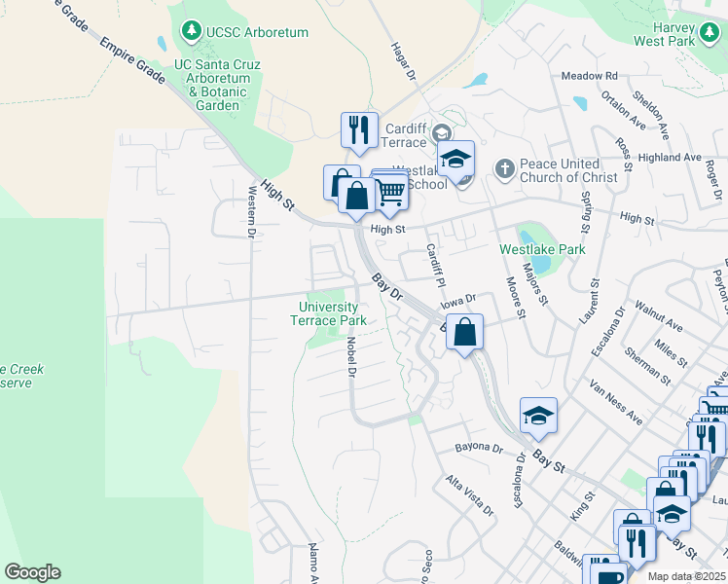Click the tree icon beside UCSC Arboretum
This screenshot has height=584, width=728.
pos(192,32)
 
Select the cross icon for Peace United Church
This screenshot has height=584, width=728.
pos(504,169)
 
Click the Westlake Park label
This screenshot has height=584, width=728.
pos(542,249)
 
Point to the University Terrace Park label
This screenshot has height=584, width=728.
pos(332,313)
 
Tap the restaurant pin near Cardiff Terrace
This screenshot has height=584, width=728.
pos(359,129)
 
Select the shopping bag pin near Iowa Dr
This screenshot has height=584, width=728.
pos(466,332)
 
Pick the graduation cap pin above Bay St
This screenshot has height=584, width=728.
pos(538,416)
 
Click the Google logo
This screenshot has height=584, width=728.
pos(32,572)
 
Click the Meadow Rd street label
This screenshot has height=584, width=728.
pos(590,75)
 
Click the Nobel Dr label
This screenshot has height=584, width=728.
pos(351,356)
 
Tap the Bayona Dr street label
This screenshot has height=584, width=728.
pos(477,449)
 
